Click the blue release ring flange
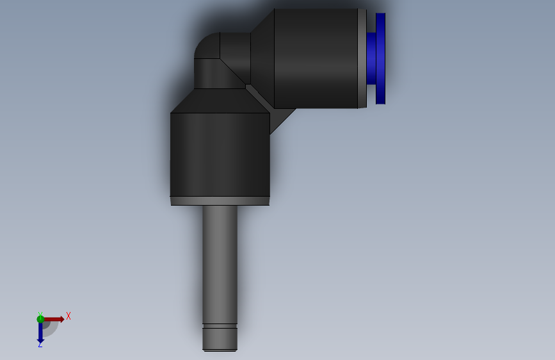point(380,58)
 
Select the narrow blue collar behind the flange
point(371,58)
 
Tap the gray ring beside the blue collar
point(362,58)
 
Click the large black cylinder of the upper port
point(316,58)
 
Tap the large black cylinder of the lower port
point(220,154)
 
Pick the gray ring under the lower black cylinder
point(220,201)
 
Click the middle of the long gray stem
point(220,263)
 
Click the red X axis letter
point(68,316)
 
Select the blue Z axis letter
point(40,345)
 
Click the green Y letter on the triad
point(40,314)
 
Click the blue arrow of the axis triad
point(40,331)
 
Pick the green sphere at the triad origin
point(40,319)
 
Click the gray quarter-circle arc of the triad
point(51,329)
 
